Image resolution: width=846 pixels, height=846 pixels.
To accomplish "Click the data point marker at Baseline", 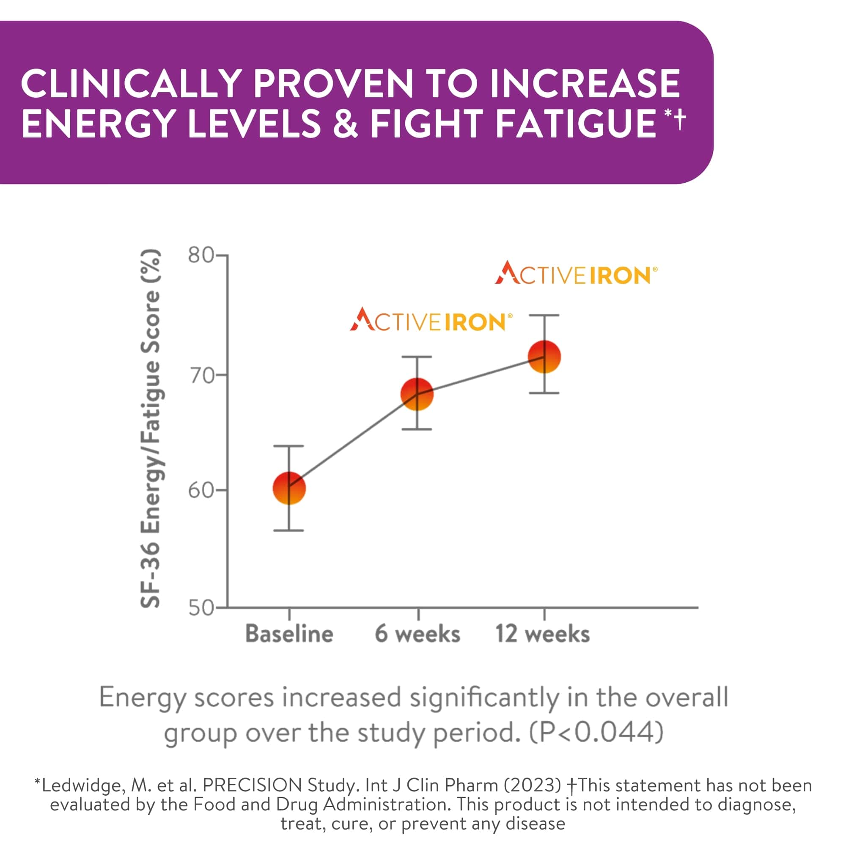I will click(289, 488).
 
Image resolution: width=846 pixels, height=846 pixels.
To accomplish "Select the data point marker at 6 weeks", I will click(418, 394).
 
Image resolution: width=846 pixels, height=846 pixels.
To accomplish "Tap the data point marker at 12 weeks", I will click(544, 357).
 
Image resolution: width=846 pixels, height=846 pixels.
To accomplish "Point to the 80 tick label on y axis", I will click(201, 255).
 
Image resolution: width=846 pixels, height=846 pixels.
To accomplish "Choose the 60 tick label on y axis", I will click(201, 490).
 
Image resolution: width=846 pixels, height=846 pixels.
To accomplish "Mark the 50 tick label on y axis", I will click(201, 608).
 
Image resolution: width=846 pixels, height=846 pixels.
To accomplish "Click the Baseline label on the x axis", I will click(289, 634).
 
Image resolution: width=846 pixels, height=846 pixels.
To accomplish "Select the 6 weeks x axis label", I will click(418, 634).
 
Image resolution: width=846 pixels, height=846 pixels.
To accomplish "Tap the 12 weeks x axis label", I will click(543, 634).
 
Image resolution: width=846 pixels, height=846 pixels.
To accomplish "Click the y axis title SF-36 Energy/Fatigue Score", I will click(150, 429).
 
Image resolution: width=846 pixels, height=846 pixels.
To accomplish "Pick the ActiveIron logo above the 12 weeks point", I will click(576, 274).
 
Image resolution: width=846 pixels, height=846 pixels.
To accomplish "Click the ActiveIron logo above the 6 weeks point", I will click(431, 320).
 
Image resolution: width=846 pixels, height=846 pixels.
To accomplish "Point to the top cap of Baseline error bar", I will click(289, 446).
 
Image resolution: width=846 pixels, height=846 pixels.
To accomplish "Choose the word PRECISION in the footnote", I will click(252, 785).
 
